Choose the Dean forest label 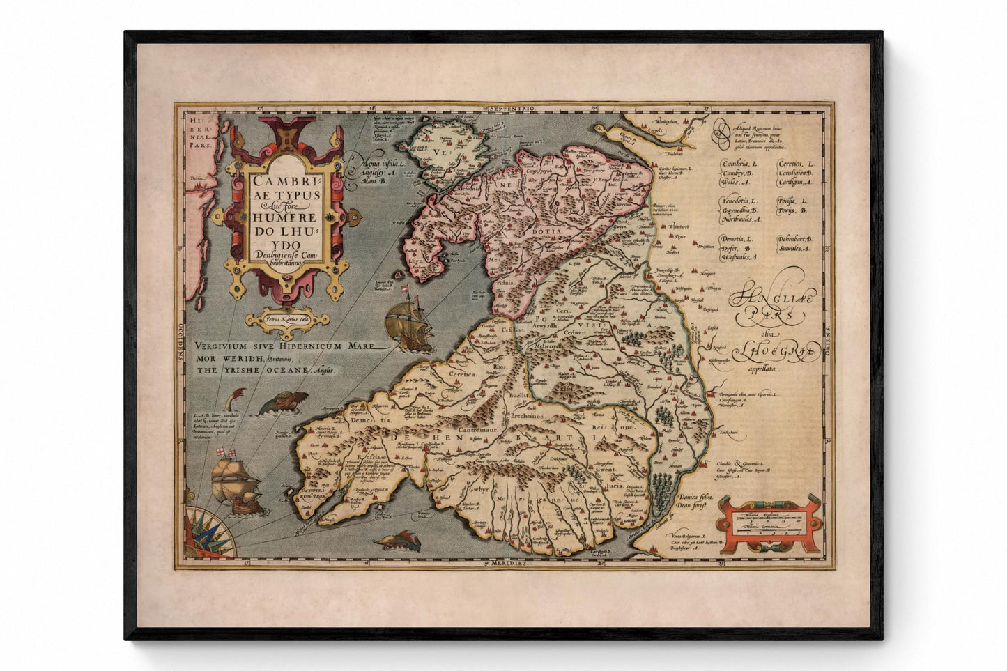click(x=694, y=507)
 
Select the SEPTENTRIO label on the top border click(x=512, y=109)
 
